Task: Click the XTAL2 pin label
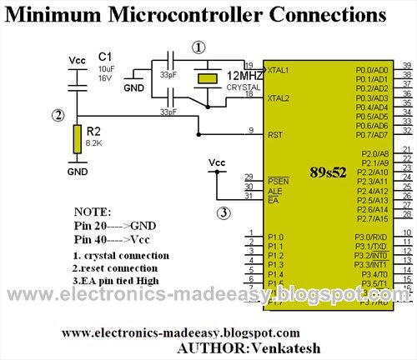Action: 277,98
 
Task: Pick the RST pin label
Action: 273,133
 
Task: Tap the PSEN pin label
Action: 275,181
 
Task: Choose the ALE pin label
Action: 274,190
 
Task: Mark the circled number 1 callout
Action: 198,47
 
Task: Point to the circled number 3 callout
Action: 224,212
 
